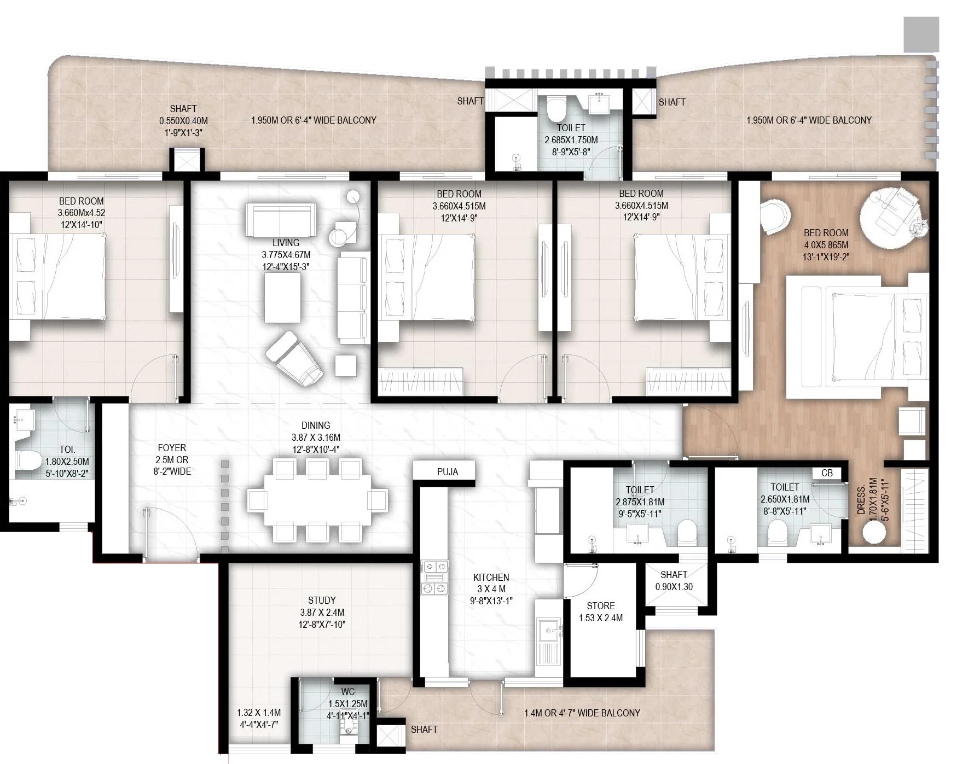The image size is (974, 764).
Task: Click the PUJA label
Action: click(x=447, y=471)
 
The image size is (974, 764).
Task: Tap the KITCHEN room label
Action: click(x=491, y=577)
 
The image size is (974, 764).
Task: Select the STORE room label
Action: click(x=600, y=605)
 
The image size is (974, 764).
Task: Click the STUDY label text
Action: click(x=322, y=600)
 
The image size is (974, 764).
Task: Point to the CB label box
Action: click(x=827, y=473)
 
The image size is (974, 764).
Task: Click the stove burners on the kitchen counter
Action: click(x=434, y=578)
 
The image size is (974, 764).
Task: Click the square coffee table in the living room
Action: click(x=282, y=298)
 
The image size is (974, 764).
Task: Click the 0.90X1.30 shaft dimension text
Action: click(x=674, y=587)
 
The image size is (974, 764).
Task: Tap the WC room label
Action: click(x=347, y=692)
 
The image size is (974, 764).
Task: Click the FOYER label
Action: click(x=172, y=447)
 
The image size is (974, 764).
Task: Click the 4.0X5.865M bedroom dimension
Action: click(x=826, y=245)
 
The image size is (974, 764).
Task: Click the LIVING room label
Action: click(x=286, y=242)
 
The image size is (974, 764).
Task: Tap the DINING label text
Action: click(x=316, y=425)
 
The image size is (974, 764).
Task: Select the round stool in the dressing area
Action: click(x=873, y=532)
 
